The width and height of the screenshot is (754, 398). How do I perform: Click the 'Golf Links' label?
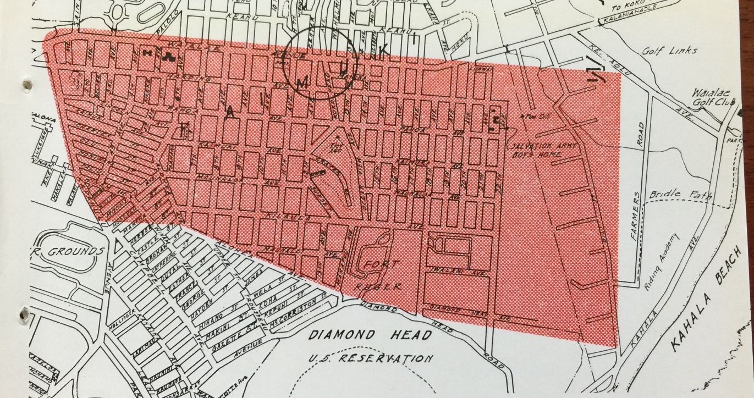[x=668, y=51]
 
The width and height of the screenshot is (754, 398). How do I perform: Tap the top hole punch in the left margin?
[x=24, y=84]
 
